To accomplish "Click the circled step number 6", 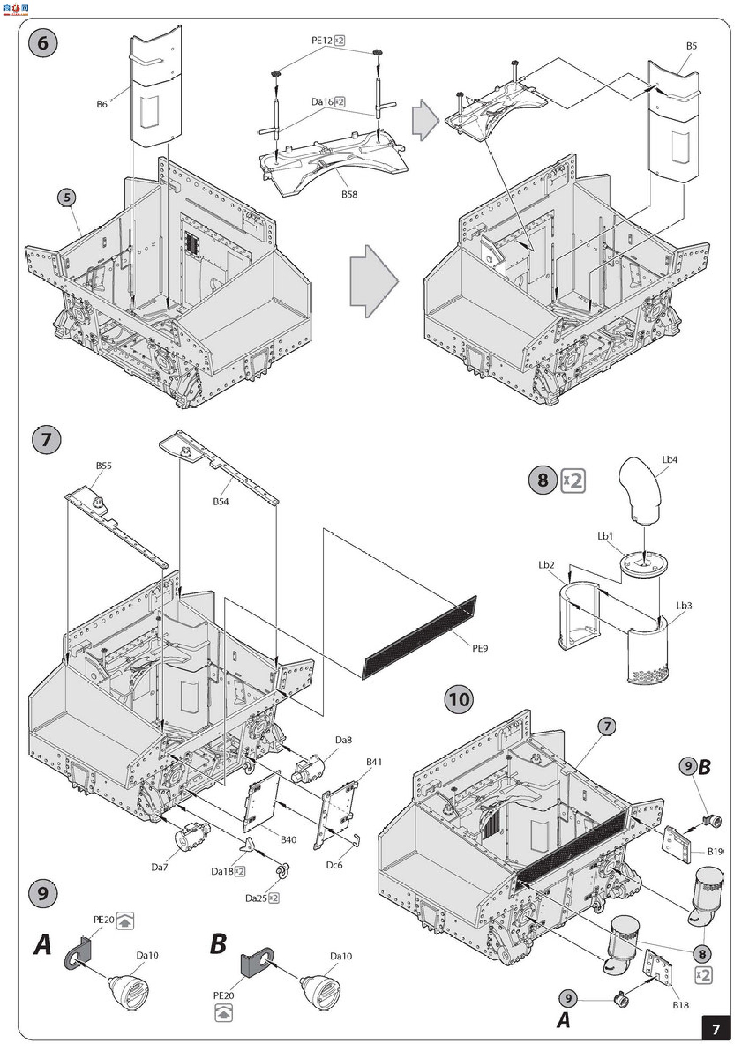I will click(x=42, y=43).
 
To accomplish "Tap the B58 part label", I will click(x=349, y=194).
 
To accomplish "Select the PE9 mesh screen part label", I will click(x=480, y=648).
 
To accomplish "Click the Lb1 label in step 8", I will click(x=605, y=536).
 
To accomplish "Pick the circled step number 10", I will click(x=459, y=700).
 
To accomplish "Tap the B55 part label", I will click(x=104, y=466).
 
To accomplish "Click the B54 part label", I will click(x=221, y=501).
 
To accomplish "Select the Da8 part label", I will click(x=344, y=740).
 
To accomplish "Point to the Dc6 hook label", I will click(x=334, y=865).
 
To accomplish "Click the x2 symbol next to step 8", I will click(x=573, y=481).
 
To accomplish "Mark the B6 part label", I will click(x=102, y=104).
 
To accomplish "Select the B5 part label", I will click(x=691, y=46).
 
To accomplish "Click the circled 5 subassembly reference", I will click(x=67, y=197).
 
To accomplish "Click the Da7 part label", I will click(x=159, y=867).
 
